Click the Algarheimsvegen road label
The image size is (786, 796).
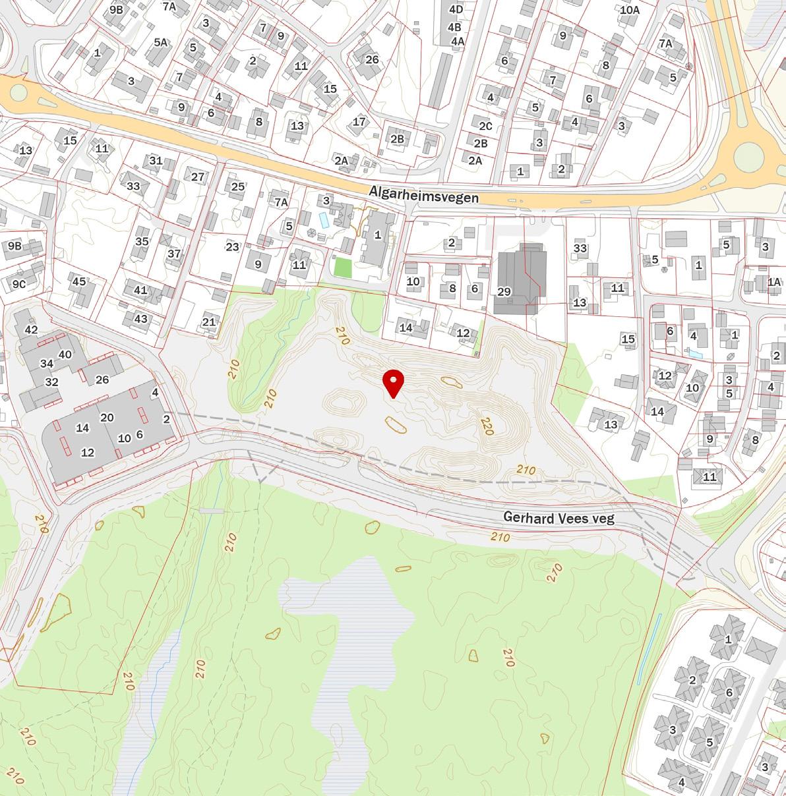424,194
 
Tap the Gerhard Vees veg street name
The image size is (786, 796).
559,518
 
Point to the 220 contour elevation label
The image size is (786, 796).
487,426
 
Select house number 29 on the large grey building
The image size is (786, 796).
504,292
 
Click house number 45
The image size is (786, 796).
79,282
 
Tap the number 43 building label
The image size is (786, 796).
141,319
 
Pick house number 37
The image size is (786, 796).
174,254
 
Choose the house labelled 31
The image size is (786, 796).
156,161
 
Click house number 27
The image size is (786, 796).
198,177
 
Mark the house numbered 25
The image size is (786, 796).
238,186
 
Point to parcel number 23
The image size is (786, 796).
232,247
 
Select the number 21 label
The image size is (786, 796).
209,322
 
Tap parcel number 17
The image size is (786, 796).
359,122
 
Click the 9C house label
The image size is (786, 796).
19,284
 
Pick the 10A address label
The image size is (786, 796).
630,10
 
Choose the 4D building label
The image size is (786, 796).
456,9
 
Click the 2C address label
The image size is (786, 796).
485,126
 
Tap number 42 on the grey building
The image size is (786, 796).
31,329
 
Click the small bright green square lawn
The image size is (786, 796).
342,268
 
